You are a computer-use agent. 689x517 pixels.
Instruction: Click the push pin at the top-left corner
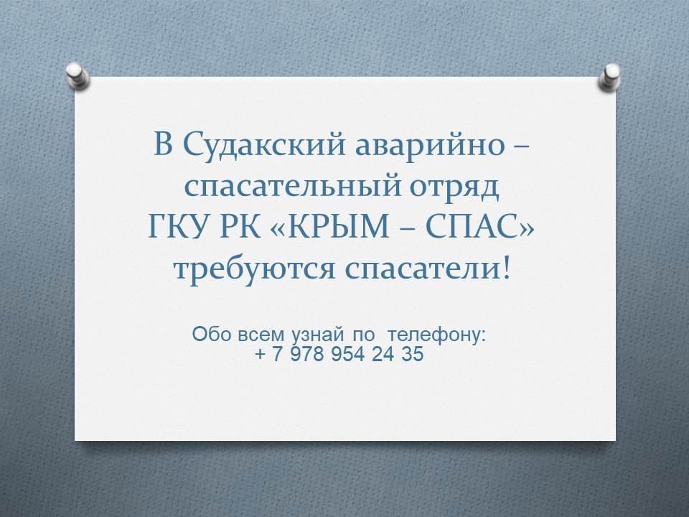pos(78,75)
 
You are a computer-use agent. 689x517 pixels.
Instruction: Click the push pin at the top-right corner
pos(610,77)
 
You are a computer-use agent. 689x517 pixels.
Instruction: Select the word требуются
pos(254,269)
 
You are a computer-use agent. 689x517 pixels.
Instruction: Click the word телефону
pos(437,335)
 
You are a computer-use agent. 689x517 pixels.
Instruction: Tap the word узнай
pos(317,335)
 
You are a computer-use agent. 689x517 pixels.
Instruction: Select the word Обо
pos(211,335)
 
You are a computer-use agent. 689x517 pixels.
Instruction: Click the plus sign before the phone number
pos(260,354)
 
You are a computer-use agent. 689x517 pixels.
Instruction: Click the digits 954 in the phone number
pos(347,354)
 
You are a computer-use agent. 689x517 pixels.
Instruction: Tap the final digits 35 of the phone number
pos(412,354)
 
